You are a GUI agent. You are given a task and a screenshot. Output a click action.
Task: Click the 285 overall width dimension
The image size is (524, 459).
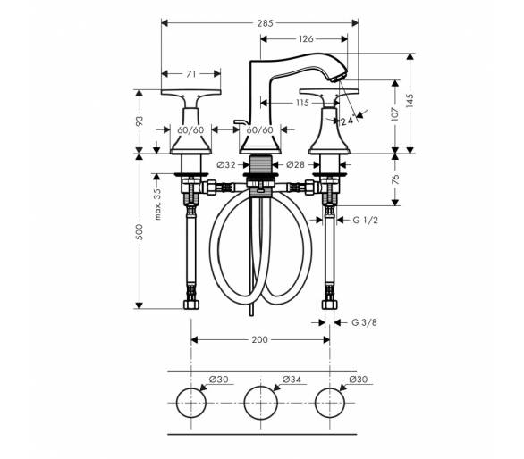265,23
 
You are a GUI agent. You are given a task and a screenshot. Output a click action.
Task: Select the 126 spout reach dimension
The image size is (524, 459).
306,39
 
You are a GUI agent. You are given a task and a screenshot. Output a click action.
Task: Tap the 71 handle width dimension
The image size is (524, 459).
190,74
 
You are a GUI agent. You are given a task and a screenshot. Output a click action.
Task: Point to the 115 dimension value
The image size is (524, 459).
302,103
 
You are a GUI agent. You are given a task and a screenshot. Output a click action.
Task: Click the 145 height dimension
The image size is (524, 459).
410,101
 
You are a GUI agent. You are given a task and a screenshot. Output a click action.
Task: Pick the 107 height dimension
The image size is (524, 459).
395,114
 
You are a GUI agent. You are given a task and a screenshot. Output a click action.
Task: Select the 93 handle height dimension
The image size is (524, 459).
139,121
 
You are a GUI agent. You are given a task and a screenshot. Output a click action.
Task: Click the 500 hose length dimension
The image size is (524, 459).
139,232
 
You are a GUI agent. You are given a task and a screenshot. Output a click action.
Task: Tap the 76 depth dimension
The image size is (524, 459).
395,179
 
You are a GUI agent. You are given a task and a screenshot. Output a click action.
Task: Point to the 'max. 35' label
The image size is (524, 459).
157,204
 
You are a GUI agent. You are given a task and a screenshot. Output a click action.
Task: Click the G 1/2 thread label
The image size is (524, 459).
365,220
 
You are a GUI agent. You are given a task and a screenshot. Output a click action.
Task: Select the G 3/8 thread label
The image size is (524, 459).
364,322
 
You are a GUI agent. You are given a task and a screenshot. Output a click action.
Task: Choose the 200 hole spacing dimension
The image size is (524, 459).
259,340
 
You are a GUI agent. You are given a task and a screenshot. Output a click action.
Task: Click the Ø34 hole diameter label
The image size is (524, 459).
292,380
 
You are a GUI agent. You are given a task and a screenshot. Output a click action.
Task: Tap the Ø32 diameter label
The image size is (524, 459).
226,164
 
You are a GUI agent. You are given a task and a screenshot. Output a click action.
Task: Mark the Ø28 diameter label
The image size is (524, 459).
296,164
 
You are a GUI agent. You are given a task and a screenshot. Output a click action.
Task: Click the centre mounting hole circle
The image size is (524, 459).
261,387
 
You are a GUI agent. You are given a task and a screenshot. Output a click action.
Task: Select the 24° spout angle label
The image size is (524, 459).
348,120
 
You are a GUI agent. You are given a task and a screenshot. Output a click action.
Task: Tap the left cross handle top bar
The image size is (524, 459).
190,92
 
